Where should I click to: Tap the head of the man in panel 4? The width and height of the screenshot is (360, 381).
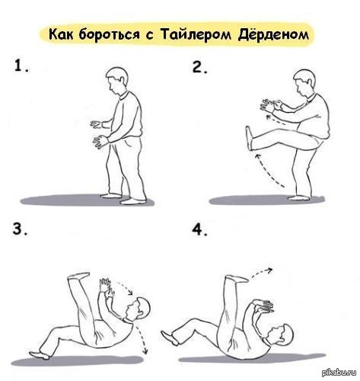pos(283,335)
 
